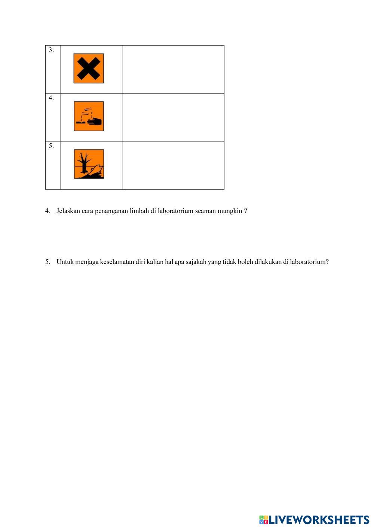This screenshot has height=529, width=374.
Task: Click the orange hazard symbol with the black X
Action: (89, 68)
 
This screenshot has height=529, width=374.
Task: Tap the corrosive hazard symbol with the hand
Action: (89, 116)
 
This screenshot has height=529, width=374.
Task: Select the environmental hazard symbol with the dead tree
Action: (89, 164)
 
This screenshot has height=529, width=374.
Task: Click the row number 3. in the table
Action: (51, 50)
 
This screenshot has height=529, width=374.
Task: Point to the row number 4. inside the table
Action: (51, 98)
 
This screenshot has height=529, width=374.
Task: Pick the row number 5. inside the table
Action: (51, 146)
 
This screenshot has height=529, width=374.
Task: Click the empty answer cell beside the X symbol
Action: (173, 70)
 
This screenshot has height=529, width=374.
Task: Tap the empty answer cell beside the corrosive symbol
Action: (173, 117)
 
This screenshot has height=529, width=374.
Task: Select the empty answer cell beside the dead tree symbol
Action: (173, 165)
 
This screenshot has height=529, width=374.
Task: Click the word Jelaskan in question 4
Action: (68, 211)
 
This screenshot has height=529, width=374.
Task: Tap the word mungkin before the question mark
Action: (230, 211)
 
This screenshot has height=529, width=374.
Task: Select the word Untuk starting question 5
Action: (65, 262)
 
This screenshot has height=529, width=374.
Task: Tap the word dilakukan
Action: (268, 262)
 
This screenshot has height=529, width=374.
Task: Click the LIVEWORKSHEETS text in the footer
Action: (319, 520)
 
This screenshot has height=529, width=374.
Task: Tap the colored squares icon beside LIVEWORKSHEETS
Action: (264, 520)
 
